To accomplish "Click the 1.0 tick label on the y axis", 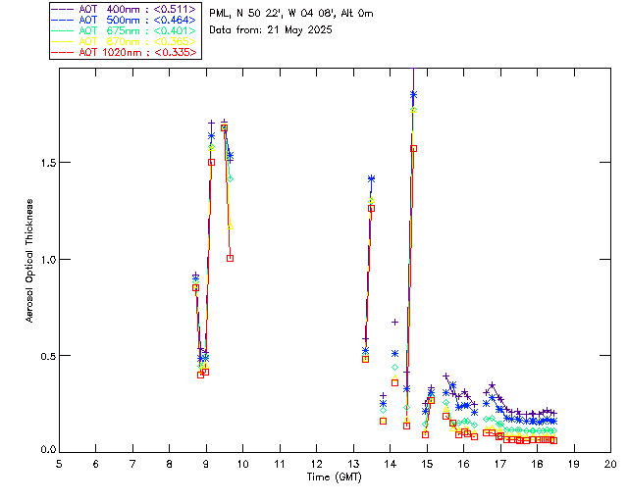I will [x=46, y=259].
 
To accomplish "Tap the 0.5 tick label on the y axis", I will [x=46, y=355].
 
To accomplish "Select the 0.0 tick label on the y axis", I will [x=46, y=450].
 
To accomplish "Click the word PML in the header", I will [x=220, y=14].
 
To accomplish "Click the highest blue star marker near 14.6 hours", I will [x=413, y=95].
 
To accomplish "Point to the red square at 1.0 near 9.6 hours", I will [x=230, y=258].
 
